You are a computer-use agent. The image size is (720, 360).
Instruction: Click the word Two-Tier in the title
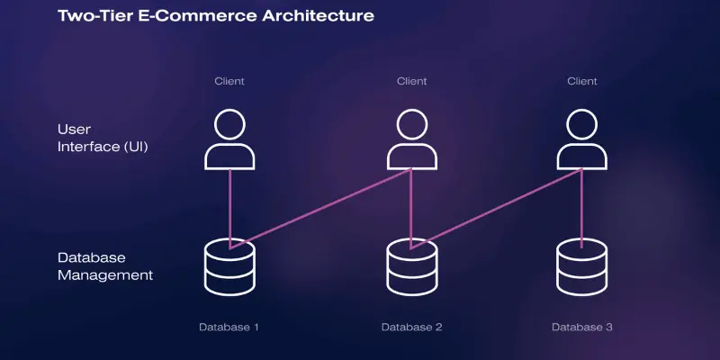tap(94, 16)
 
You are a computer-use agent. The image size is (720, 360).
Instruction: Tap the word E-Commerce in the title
tap(184, 16)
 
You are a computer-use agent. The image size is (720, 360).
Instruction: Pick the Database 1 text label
tap(229, 326)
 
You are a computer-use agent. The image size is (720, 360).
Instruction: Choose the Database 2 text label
tap(411, 326)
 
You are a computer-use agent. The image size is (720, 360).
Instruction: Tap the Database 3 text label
tap(582, 326)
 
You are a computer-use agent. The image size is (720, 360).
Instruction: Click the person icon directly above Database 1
tap(230, 139)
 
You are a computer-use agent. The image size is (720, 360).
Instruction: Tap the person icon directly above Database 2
tap(412, 139)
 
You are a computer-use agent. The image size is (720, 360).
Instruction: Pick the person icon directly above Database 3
tap(582, 139)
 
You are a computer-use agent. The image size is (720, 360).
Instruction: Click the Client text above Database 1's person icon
tap(229, 82)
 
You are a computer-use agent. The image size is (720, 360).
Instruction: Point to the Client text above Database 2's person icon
tap(412, 82)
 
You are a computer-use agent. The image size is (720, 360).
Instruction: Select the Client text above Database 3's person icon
tap(582, 82)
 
